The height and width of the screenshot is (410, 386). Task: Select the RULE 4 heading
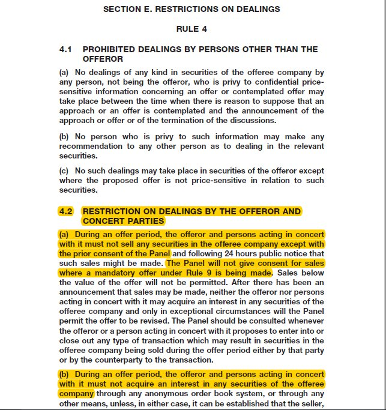point(191,29)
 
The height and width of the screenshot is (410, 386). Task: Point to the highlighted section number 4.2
point(65,211)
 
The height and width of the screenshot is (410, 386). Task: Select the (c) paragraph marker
point(63,171)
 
